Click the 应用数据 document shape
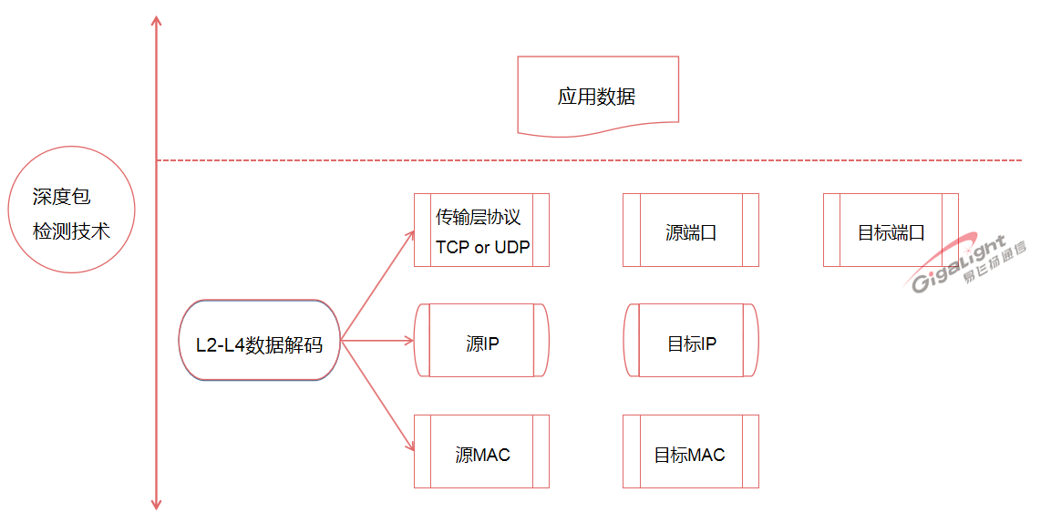(597, 96)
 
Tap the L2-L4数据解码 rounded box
(260, 340)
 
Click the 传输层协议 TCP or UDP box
(481, 230)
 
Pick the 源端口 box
(690, 230)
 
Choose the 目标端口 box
(890, 230)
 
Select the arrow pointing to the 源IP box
(378, 341)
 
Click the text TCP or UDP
(482, 247)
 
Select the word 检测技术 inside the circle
(71, 231)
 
